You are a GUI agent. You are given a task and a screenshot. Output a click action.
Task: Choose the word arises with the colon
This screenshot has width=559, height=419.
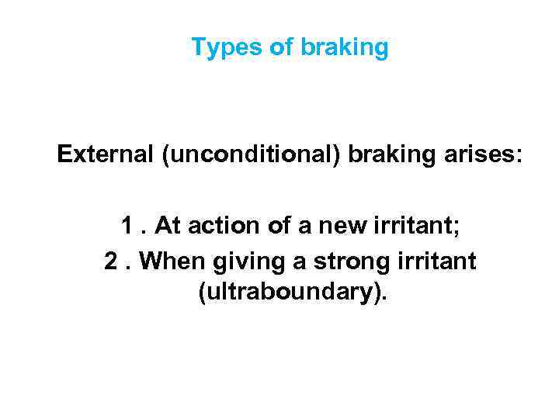click(x=482, y=155)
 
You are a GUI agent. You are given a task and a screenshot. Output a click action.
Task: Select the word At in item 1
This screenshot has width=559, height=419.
click(x=168, y=226)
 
